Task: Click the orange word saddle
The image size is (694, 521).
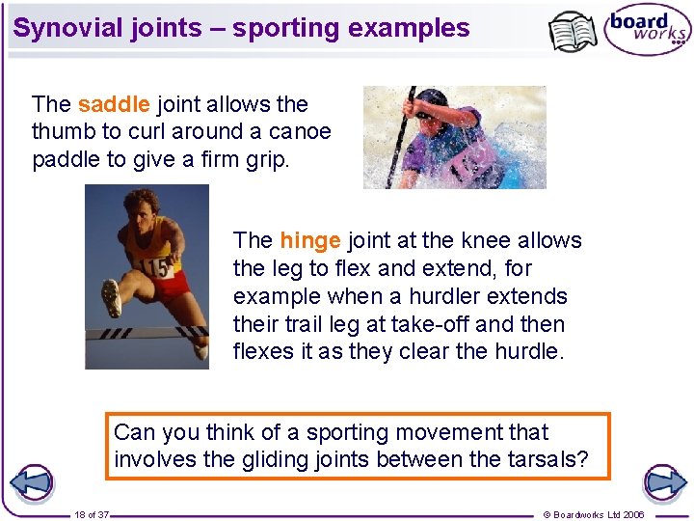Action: point(113,104)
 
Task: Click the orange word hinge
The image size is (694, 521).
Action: point(309,240)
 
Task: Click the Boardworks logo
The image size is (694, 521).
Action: point(647,30)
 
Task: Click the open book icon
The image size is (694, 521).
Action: point(573,31)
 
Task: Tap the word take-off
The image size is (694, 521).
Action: point(462,324)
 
